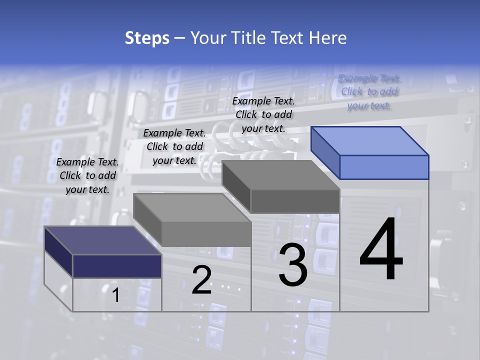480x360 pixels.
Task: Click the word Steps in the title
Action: pos(147,38)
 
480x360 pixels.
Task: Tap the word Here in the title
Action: pos(328,38)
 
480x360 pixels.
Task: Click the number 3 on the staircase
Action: pos(293,265)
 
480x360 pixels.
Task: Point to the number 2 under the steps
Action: pos(201,280)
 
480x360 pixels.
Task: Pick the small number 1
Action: pos(115,295)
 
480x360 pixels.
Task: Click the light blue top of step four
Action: pos(370,140)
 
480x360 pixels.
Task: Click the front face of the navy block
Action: pos(117,266)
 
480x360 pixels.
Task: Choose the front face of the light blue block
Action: pos(384,167)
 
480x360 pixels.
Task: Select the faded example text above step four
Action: pos(369,92)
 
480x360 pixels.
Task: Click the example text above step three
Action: pos(263,114)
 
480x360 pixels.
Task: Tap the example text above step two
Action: pos(174,146)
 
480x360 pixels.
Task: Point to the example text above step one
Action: pos(87,175)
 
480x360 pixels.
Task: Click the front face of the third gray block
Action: pos(295,201)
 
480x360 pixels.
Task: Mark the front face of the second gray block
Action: pos(206,234)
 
